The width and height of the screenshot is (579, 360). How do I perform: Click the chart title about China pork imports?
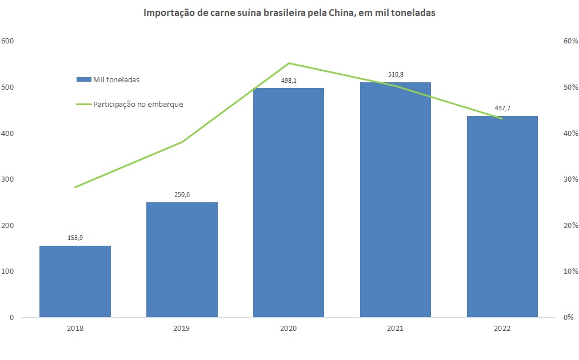289,14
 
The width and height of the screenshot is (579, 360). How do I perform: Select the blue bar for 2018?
75,281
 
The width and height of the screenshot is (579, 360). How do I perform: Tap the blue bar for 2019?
182,260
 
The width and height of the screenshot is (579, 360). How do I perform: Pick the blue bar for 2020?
289,203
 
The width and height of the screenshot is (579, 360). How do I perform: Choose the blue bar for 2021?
396,200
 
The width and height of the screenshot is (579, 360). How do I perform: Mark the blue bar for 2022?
502,217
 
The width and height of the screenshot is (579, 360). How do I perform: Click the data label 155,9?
75,238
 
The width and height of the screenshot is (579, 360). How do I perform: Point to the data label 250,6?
182,194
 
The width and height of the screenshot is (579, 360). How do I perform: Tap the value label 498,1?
289,81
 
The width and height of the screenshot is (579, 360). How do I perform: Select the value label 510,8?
396,74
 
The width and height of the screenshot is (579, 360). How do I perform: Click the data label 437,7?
502,108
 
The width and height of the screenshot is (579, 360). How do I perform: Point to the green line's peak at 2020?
289,63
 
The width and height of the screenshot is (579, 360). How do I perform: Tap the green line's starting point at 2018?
75,187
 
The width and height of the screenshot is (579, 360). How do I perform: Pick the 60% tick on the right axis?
569,41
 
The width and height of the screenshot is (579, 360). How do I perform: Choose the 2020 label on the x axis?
289,329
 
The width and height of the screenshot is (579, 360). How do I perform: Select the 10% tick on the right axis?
569,271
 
